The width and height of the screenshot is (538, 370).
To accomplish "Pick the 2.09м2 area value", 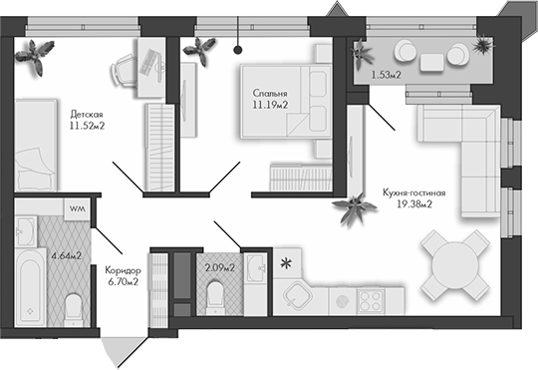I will click(220, 266).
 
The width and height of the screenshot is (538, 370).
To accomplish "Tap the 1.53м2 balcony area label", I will click(387, 74).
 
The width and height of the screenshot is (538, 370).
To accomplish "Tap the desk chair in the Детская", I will click(124, 69).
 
